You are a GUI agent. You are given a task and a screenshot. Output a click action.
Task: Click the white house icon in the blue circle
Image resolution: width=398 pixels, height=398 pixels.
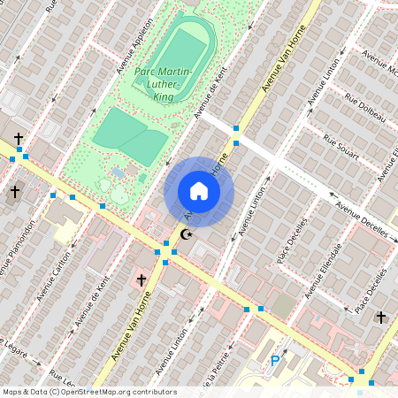pyautogui.click(x=199, y=191)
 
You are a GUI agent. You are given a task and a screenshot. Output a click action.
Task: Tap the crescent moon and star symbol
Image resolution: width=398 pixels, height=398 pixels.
pyautogui.click(x=186, y=234)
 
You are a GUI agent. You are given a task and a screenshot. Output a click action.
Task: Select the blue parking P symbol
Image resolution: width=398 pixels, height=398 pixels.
pyautogui.click(x=275, y=360)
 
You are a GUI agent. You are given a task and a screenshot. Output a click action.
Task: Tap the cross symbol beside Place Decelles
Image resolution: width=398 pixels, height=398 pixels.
pyautogui.click(x=380, y=317)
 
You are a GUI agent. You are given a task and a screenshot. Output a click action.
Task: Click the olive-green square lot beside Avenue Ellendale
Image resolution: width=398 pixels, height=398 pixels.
pyautogui.click(x=282, y=306)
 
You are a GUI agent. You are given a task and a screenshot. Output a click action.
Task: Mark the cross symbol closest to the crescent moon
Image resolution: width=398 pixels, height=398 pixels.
pyautogui.click(x=141, y=280)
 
